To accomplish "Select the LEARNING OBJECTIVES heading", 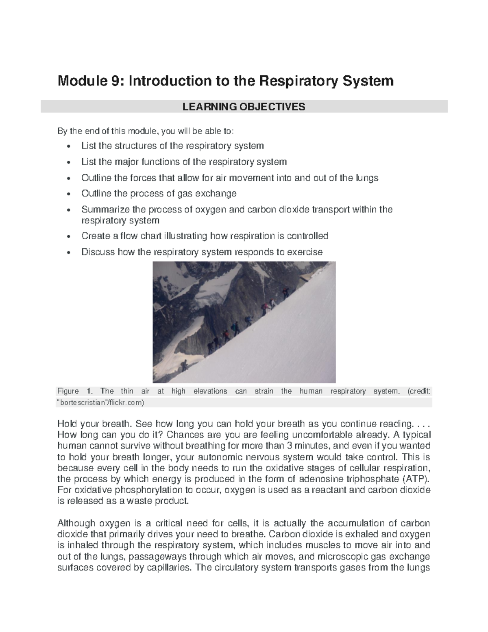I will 244,107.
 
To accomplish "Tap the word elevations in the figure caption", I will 210,391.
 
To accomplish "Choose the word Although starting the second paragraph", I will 76,523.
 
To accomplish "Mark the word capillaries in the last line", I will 168,567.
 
